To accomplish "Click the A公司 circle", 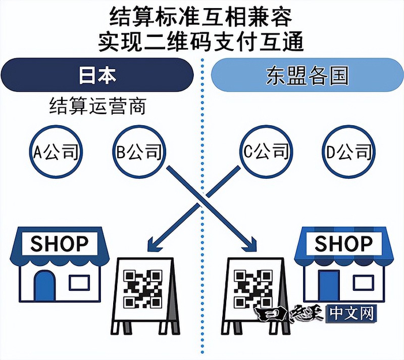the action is pos(56,152).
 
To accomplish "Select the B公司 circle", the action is pos(136,152).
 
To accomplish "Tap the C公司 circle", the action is pos(264,152).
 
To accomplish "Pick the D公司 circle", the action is pos(346,152).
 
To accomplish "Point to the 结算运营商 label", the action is pos(97,107).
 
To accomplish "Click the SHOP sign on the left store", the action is pos(59,243).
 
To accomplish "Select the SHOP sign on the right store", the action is pos(343,243).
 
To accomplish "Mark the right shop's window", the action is pos(364,282).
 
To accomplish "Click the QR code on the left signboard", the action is pos(143,288).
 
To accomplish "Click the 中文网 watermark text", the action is pos(353,314).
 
